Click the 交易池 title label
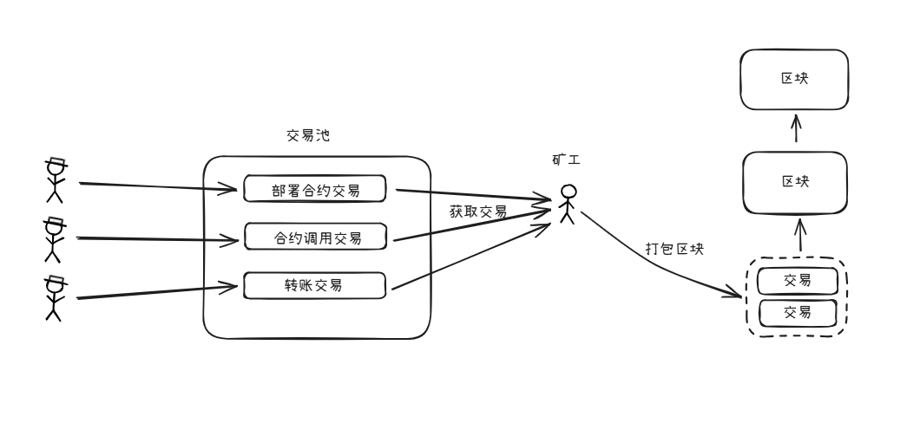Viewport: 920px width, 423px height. pos(308,137)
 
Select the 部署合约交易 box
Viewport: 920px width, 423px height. pos(317,188)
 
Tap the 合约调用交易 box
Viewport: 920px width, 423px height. pos(317,236)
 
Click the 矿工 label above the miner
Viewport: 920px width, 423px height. pos(566,160)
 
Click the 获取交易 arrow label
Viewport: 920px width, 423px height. pos(477,211)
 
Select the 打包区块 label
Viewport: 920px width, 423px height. pos(674,249)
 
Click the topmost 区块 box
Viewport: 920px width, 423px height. pos(793,79)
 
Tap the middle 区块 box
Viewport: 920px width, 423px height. pos(793,182)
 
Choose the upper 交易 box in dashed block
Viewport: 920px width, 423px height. pos(797,281)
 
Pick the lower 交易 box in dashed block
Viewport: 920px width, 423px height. pos(797,312)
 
